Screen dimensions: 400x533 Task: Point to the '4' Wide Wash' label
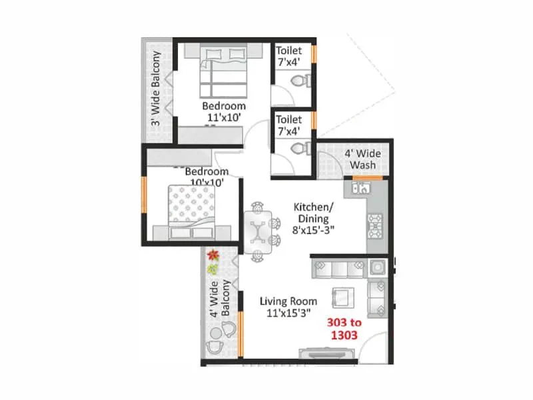coord(360,159)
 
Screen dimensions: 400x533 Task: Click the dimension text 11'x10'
coord(223,118)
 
